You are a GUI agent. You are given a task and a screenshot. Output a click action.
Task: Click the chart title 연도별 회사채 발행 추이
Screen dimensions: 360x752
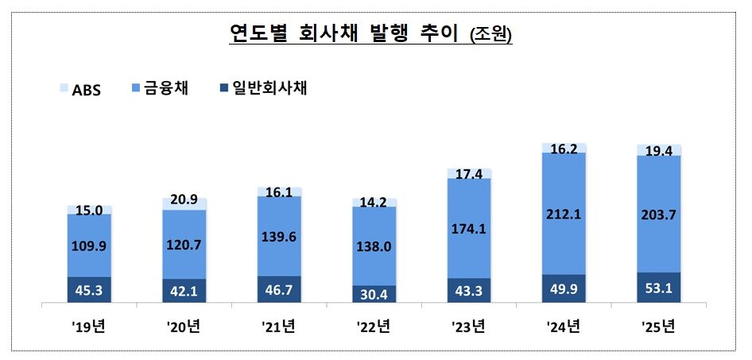pos(347,34)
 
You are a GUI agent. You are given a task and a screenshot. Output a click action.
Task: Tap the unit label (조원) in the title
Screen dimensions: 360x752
pos(491,36)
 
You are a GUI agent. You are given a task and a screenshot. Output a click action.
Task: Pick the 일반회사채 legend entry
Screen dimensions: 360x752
pos(259,88)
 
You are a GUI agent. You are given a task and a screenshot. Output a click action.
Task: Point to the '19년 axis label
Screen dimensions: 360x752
pos(89,326)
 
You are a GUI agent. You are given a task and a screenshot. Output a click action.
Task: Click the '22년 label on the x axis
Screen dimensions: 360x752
pos(374,326)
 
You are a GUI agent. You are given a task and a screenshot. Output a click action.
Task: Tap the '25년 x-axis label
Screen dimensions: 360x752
pos(659,326)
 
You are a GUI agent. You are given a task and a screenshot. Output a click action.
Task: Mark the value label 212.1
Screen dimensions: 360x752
pos(564,213)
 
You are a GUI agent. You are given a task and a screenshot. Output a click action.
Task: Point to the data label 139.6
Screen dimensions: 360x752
pos(280,235)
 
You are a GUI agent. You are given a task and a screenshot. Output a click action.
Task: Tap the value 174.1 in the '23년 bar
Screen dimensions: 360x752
pos(469,227)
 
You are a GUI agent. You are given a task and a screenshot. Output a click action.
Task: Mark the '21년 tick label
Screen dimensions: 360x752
pos(279,326)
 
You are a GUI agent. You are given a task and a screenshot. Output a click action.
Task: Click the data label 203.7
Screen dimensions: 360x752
pos(659,214)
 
